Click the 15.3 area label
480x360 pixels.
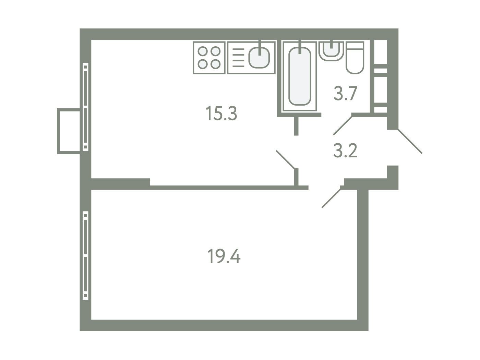tap(221, 113)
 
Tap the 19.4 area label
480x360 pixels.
tap(224, 256)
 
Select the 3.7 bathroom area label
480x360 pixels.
tap(345, 93)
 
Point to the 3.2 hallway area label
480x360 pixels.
tap(345, 150)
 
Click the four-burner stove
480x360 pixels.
tap(209, 58)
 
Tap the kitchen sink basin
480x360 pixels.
tap(259, 58)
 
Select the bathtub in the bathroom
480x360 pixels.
tap(300, 76)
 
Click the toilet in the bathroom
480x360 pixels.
tap(355, 58)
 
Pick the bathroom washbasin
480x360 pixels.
tap(331, 51)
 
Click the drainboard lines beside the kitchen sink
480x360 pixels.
tap(238, 58)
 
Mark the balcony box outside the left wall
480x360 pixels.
tap(69, 131)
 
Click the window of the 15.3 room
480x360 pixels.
tap(85, 107)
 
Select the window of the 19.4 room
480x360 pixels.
tap(85, 255)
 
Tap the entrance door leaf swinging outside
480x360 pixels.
tap(410, 141)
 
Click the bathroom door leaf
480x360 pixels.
tap(343, 125)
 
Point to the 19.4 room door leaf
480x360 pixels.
tap(331, 198)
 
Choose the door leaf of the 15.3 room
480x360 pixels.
tap(286, 159)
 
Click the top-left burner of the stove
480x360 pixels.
tap(203, 51)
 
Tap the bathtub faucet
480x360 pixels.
tap(300, 47)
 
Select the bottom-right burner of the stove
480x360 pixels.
tap(215, 64)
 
